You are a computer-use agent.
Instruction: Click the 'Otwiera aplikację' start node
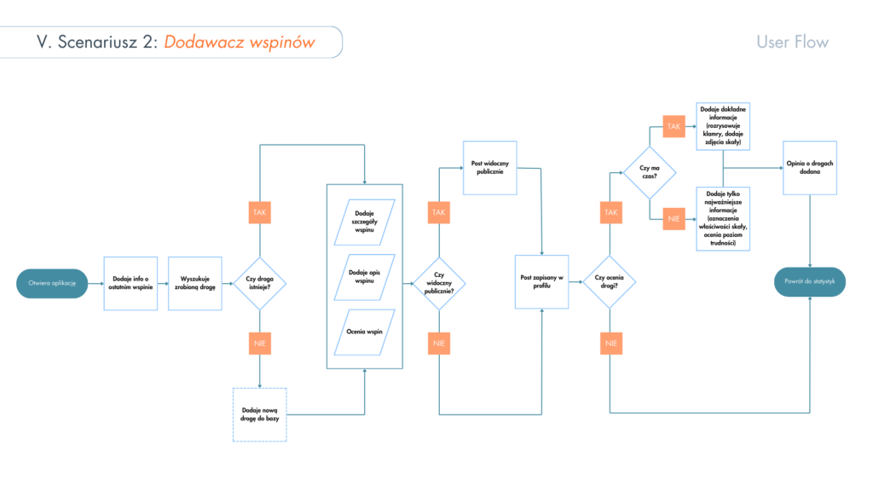click(52, 282)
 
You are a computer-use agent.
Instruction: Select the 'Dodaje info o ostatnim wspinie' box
click(130, 282)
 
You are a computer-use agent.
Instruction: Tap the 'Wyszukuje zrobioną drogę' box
click(195, 282)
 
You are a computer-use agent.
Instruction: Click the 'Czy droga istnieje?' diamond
click(259, 282)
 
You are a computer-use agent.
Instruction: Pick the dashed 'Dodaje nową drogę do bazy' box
click(260, 414)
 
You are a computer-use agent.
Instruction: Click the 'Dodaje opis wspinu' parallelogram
click(365, 275)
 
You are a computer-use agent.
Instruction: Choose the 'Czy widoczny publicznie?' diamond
click(439, 282)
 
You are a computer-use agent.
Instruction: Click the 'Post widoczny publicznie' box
click(490, 166)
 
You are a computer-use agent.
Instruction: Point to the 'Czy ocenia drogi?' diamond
click(610, 282)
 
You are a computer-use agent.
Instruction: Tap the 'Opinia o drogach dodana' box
click(810, 167)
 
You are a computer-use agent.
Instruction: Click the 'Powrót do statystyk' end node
click(810, 282)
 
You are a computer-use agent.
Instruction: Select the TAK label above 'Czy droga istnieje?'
click(259, 212)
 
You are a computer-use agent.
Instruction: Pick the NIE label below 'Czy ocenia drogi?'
click(610, 343)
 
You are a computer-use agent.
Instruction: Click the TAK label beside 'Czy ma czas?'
click(674, 126)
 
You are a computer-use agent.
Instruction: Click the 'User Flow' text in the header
click(792, 42)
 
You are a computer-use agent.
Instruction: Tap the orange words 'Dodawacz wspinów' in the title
click(240, 42)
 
